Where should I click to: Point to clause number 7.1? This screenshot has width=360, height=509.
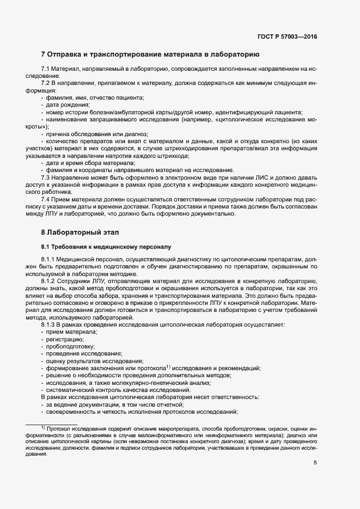pos(45,70)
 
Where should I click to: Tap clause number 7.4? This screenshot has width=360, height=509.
pos(45,199)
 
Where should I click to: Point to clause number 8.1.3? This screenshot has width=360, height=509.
pos(48,325)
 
